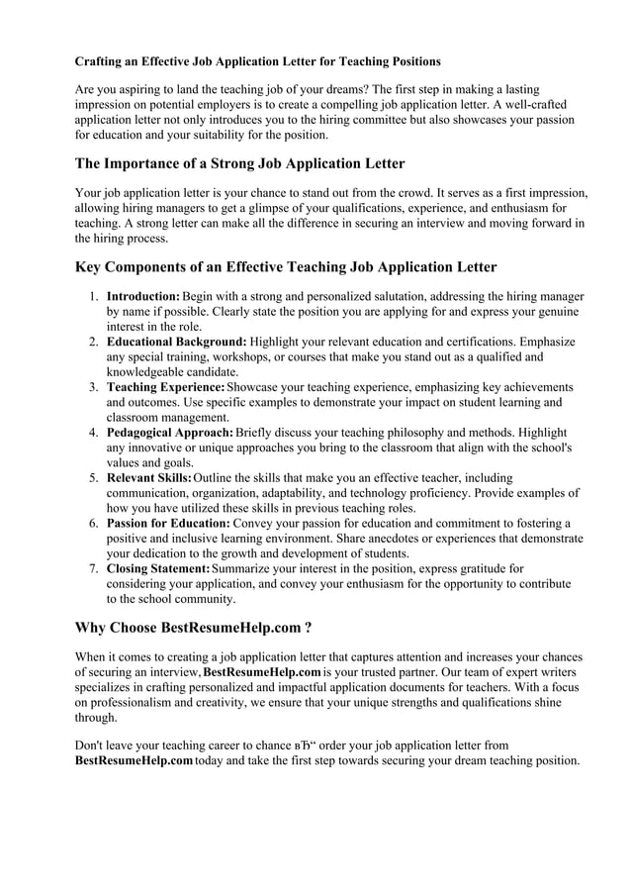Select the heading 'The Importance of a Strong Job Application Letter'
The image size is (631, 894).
[240, 163]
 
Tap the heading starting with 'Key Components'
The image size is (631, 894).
[286, 266]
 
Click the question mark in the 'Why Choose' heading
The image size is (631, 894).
[310, 627]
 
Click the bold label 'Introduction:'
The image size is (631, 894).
[143, 296]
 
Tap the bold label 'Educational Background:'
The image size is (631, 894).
[176, 342]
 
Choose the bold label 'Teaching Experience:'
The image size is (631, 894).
[165, 387]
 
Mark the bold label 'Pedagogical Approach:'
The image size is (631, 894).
[170, 433]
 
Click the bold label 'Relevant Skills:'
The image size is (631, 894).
[149, 478]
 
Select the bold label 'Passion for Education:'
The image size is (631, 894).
[168, 524]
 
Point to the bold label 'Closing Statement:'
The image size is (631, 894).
[157, 569]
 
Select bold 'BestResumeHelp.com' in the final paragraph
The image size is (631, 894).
[134, 760]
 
